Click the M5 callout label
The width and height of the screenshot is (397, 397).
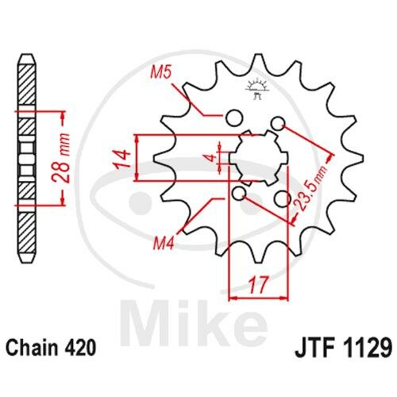(161, 72)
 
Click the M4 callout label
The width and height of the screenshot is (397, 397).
(164, 243)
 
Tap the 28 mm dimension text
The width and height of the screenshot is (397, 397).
(61, 158)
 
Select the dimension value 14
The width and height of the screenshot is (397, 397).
(122, 159)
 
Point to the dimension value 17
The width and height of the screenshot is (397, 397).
(259, 285)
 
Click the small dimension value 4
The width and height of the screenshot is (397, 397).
(211, 158)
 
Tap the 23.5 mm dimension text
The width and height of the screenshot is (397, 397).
(310, 188)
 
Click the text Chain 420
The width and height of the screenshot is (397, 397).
(50, 347)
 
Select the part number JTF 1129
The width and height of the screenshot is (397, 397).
(343, 348)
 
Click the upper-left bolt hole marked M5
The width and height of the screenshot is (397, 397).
(234, 118)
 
